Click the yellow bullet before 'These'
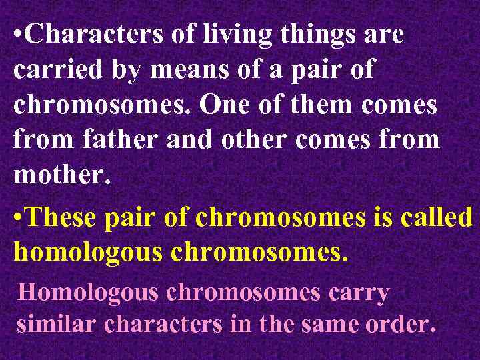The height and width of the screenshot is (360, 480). coord(18,219)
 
